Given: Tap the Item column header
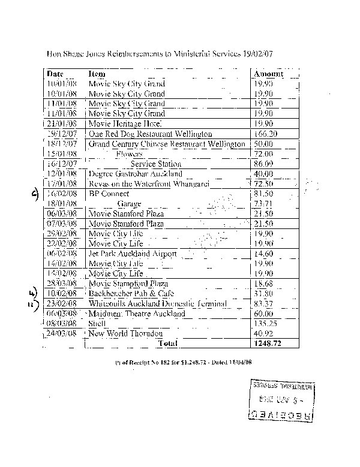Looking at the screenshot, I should [97, 74].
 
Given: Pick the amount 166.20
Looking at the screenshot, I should [266, 134].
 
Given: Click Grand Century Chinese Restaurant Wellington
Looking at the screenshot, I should [167, 144].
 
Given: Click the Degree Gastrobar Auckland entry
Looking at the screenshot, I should [135, 174].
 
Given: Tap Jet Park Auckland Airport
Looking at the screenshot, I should [133, 254].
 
